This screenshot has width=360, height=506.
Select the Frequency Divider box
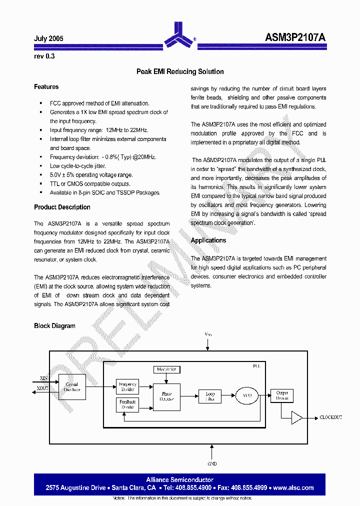pyautogui.click(x=127, y=387)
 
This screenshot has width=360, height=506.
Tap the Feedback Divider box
pyautogui.click(x=127, y=404)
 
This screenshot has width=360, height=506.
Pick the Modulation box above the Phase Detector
pyautogui.click(x=166, y=369)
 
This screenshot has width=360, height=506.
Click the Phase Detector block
pyautogui.click(x=166, y=396)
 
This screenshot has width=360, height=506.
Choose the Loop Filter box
pyautogui.click(x=210, y=396)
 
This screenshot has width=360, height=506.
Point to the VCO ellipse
pyautogui.click(x=246, y=396)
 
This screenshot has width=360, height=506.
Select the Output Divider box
pyautogui.click(x=282, y=395)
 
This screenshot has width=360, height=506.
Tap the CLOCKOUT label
pyautogui.click(x=330, y=417)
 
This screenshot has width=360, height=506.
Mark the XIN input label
pyautogui.click(x=43, y=378)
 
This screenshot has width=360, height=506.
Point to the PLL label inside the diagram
pyautogui.click(x=256, y=366)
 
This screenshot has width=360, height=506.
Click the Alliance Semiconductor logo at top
pyautogui.click(x=179, y=35)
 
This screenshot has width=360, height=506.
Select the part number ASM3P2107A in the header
pyautogui.click(x=295, y=37)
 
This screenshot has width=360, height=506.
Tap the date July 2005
pyautogui.click(x=48, y=38)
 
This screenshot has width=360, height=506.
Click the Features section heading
pyautogui.click(x=46, y=87)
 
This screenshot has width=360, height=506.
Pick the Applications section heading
pyautogui.click(x=208, y=240)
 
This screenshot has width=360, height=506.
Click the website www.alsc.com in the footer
pyautogui.click(x=293, y=487)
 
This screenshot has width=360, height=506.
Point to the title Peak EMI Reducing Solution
pyautogui.click(x=180, y=71)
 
